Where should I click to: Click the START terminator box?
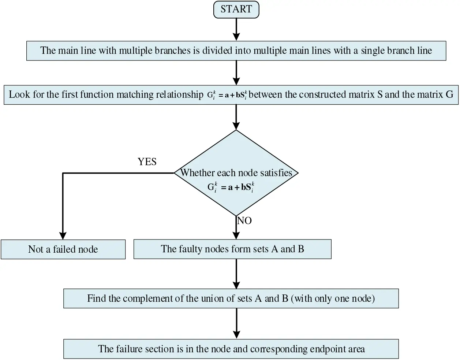click(x=236, y=9)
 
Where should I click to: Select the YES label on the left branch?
click(x=147, y=162)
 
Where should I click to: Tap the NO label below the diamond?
click(x=244, y=221)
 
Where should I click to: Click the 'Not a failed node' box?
click(x=63, y=249)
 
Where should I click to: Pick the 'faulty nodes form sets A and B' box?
click(x=232, y=249)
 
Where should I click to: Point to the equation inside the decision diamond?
click(x=231, y=187)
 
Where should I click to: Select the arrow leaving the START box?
click(x=236, y=29)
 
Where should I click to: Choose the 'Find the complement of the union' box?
click(x=231, y=298)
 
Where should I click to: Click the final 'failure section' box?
click(x=231, y=349)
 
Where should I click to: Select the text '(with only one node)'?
click(x=333, y=298)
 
